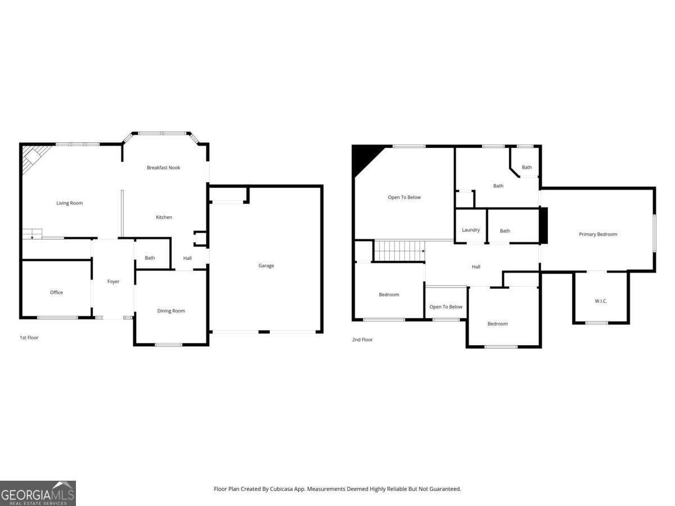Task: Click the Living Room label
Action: (x=69, y=203)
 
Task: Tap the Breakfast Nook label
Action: (x=163, y=168)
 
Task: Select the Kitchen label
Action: (x=164, y=217)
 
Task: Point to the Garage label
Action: (x=266, y=265)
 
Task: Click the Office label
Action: (x=56, y=292)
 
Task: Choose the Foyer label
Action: (x=113, y=281)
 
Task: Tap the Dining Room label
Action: (x=171, y=311)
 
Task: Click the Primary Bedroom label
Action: (x=598, y=234)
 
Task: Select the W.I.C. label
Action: (x=601, y=301)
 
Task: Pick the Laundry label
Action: (x=471, y=230)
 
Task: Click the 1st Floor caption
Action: (x=29, y=338)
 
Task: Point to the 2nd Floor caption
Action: (x=362, y=340)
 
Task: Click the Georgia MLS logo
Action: (x=38, y=493)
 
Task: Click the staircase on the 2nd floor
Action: (x=399, y=250)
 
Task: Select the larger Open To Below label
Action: (x=404, y=197)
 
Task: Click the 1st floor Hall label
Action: (x=187, y=259)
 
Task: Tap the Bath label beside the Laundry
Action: (x=505, y=231)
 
